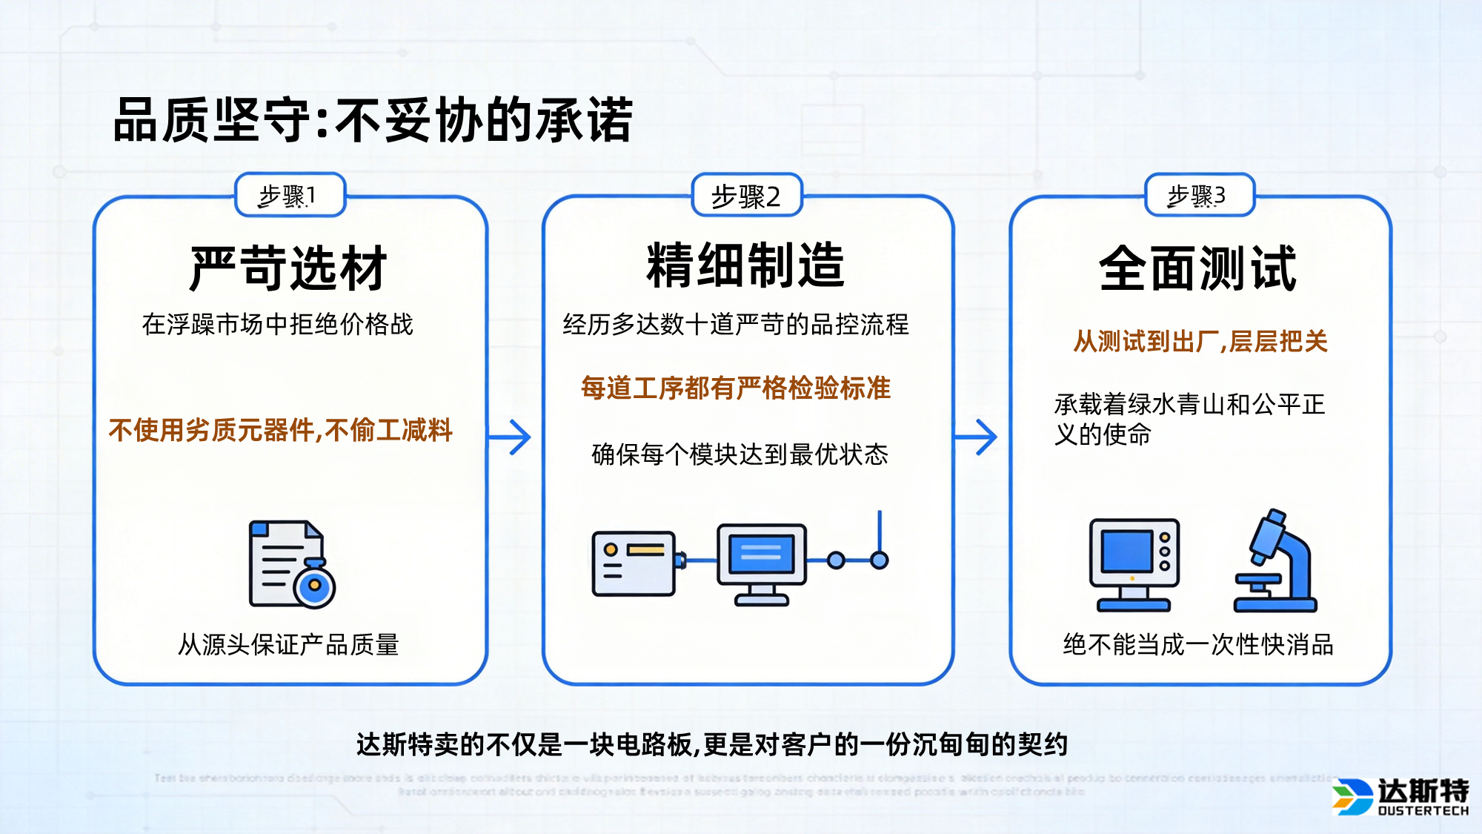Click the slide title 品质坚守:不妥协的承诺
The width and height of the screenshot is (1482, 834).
click(x=373, y=120)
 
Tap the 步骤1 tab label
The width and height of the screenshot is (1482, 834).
click(x=289, y=196)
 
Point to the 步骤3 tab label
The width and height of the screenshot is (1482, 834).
click(x=1198, y=196)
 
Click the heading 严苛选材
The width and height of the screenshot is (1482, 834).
click(x=289, y=268)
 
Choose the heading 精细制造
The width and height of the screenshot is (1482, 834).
click(x=746, y=265)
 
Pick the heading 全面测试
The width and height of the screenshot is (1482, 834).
click(x=1198, y=268)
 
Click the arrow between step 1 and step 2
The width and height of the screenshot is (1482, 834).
click(x=511, y=437)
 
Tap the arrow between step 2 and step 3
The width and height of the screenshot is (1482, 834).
click(x=977, y=437)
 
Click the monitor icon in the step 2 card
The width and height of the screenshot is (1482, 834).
click(x=762, y=563)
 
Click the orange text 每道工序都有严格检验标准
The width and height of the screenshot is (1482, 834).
click(x=736, y=388)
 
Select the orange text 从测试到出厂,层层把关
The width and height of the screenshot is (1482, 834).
click(x=1200, y=342)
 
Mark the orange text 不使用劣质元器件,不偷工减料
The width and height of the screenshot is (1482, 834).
click(x=280, y=430)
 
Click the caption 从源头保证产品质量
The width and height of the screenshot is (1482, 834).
click(x=288, y=644)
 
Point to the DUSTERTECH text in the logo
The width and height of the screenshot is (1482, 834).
click(x=1423, y=811)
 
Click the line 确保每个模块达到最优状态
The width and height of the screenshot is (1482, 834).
click(x=740, y=454)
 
